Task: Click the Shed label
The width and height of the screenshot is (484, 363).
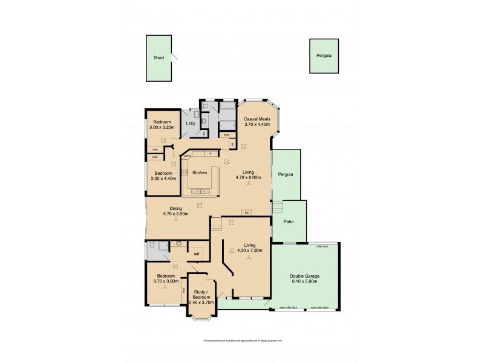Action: [x=159, y=58]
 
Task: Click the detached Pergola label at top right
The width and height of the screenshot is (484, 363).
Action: [x=324, y=56]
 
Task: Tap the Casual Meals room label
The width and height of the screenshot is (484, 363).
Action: [x=257, y=119]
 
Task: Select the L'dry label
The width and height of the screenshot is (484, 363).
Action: [x=191, y=123]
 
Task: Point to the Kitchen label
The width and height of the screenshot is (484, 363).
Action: [x=200, y=172]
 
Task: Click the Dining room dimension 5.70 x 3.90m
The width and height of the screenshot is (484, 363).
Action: [x=176, y=214]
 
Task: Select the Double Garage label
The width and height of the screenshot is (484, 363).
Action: [x=304, y=276]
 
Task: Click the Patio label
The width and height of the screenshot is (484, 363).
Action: [x=289, y=222]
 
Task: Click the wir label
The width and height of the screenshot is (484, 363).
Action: [x=197, y=254]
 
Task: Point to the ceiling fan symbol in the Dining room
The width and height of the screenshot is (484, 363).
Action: [x=176, y=220]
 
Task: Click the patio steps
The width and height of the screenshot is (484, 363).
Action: [x=278, y=208]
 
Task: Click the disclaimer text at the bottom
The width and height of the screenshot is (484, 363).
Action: [x=242, y=341]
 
